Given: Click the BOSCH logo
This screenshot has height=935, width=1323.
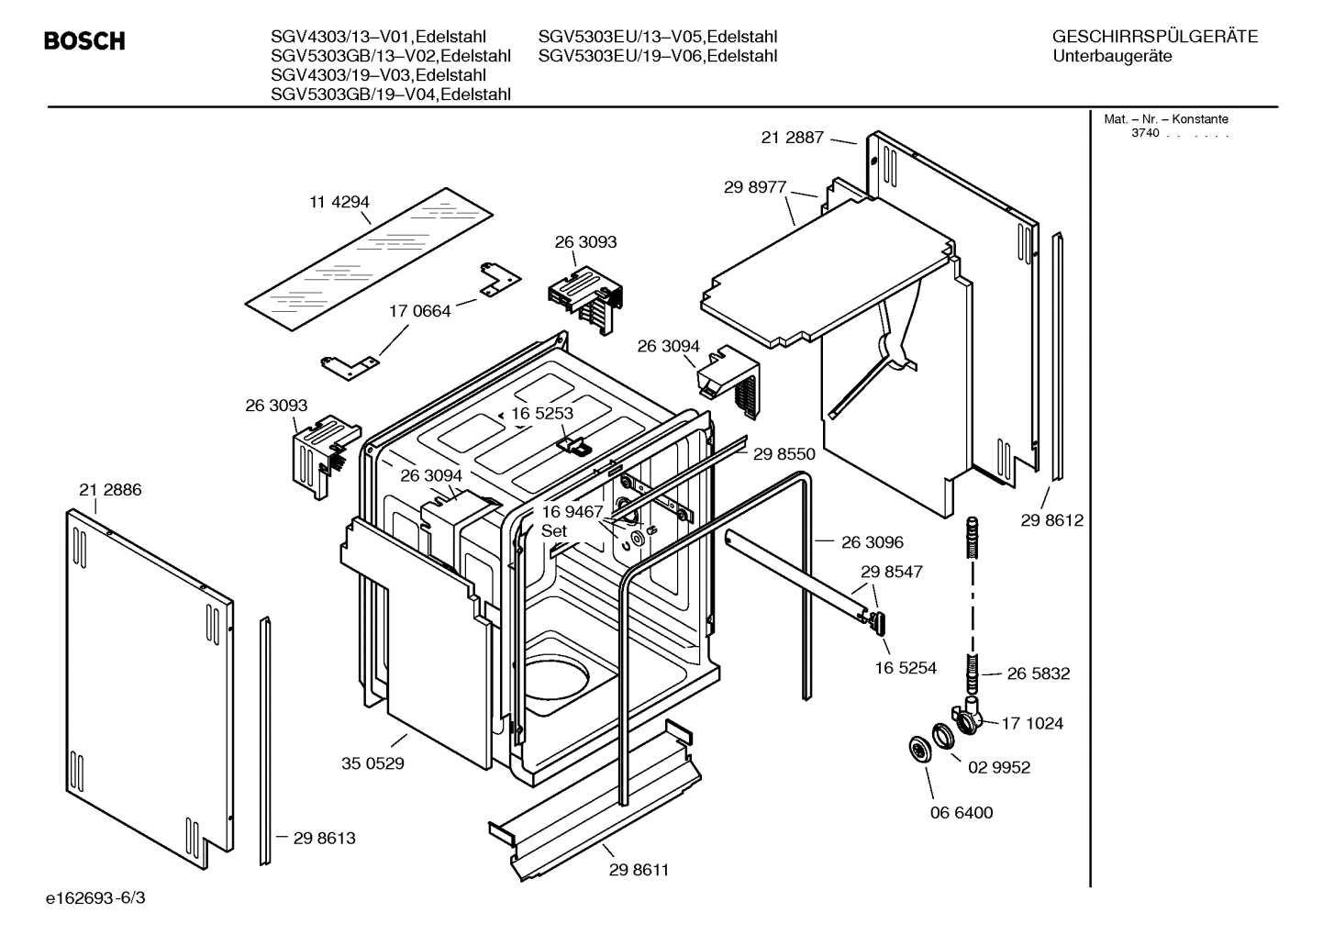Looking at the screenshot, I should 84,41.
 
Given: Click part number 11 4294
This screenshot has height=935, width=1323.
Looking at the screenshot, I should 339,202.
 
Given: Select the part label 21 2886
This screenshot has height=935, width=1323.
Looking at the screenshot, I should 110,490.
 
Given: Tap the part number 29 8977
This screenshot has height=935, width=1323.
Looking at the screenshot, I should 755,187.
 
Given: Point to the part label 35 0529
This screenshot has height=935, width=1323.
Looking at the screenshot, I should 372,762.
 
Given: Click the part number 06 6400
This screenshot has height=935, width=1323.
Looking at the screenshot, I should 962,812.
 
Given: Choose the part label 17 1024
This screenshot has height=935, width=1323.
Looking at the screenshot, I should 1032,723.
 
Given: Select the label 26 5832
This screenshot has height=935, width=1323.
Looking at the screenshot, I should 1039,673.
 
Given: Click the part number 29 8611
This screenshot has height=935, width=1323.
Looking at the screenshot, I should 639,870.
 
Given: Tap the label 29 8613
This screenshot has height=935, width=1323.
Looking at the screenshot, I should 324,838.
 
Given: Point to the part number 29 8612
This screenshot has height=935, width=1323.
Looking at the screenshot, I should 1051,520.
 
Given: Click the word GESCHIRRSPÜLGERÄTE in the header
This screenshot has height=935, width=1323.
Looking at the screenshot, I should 1155,37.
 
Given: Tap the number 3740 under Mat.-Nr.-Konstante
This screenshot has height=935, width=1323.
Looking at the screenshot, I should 1145,133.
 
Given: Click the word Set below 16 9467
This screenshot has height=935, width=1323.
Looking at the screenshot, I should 554,531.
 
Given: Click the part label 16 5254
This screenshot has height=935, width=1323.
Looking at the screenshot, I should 906,668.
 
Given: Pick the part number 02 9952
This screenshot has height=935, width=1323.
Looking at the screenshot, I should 999,767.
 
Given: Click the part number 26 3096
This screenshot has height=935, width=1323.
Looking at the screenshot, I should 873,542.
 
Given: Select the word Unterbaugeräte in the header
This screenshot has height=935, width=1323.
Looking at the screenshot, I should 1113,56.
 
